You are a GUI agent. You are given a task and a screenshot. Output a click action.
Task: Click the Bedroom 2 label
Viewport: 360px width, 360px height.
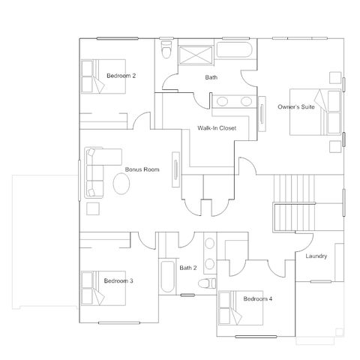(x=121, y=76)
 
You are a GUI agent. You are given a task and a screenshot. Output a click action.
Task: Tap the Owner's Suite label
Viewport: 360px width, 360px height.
(x=296, y=106)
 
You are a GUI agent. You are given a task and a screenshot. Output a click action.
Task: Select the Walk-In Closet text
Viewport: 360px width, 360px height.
(x=217, y=128)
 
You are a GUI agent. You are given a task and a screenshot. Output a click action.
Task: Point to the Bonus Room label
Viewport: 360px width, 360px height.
(x=142, y=169)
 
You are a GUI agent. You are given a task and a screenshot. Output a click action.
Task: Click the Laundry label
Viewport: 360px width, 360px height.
(x=316, y=256)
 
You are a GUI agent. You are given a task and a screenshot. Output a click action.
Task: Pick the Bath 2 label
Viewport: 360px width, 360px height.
(x=188, y=268)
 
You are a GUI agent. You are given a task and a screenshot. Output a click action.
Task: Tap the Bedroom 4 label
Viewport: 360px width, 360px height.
(x=258, y=298)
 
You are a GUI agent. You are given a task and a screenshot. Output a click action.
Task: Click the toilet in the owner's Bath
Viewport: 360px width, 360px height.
(x=166, y=49)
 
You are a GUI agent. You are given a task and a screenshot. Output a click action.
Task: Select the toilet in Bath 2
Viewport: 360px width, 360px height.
(x=207, y=283)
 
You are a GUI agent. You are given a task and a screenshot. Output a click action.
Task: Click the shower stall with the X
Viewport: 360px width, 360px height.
(x=196, y=55)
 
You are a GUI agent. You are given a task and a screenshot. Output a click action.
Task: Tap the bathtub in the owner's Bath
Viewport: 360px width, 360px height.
(x=234, y=49)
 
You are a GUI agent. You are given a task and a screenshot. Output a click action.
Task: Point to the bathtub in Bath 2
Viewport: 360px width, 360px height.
(x=167, y=277)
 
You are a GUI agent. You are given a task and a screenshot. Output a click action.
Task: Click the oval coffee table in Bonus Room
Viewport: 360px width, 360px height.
(x=121, y=183)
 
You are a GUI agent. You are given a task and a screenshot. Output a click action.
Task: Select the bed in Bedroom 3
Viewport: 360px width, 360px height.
(x=103, y=288)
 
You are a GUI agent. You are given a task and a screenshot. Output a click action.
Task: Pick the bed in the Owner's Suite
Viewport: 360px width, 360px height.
(x=316, y=112)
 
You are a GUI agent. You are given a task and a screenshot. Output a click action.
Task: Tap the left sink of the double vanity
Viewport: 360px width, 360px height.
(x=222, y=101)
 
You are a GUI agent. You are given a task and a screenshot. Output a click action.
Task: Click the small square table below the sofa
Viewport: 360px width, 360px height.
(x=93, y=208)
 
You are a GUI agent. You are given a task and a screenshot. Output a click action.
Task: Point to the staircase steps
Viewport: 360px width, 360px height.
(x=294, y=203)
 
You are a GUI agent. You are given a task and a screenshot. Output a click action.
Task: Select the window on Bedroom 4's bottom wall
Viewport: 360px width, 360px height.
(x=256, y=337)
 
